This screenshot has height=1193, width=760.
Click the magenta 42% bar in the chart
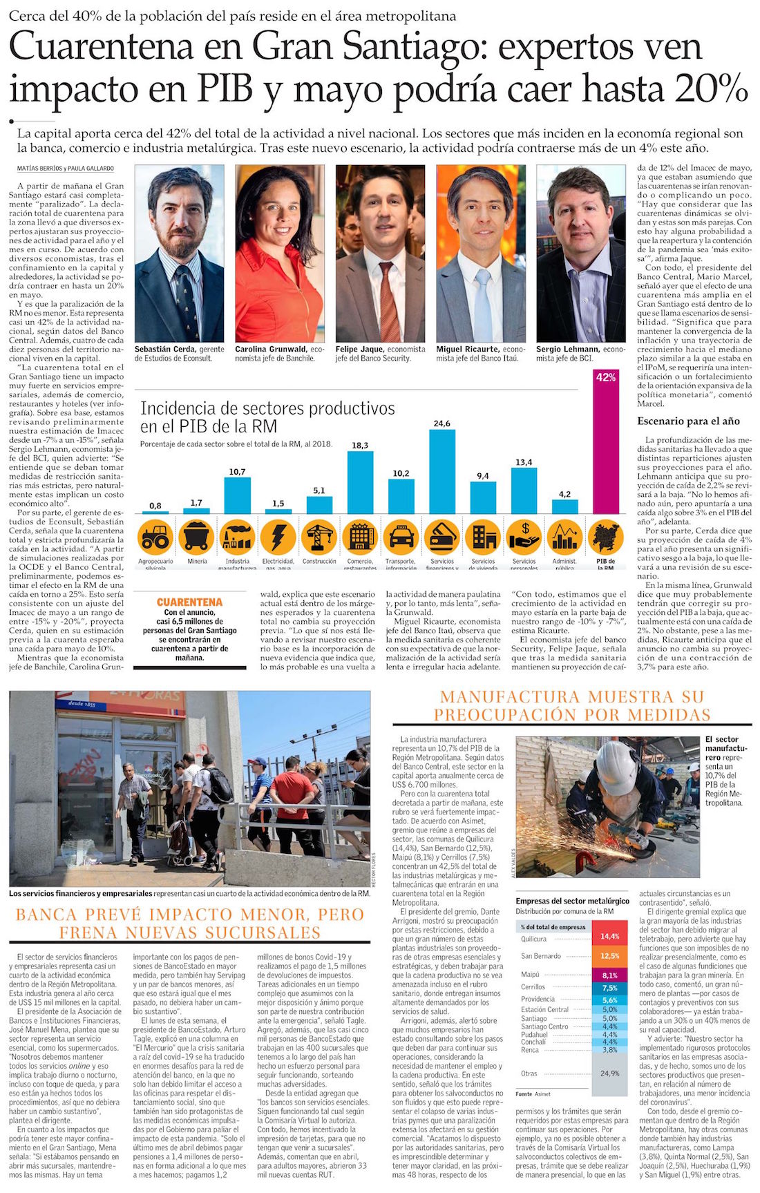tap(606, 449)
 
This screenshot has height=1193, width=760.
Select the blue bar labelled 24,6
tap(442, 471)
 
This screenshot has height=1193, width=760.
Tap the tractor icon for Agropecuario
tap(155, 536)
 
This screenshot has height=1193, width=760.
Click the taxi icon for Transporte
tap(401, 536)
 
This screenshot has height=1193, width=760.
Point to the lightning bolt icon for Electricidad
tap(278, 536)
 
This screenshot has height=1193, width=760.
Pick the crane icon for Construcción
tap(319, 536)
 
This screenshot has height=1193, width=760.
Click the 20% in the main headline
tap(712, 88)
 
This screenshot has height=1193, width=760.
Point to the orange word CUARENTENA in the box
tap(189, 602)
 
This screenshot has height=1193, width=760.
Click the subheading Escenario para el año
tap(688, 421)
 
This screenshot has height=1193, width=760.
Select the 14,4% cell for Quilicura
tap(609, 937)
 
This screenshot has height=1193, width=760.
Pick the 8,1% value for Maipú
tap(609, 975)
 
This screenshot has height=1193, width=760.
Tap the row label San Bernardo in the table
tap(541, 956)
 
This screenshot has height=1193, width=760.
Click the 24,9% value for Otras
tap(609, 1073)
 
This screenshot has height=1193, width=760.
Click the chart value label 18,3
tap(360, 446)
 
